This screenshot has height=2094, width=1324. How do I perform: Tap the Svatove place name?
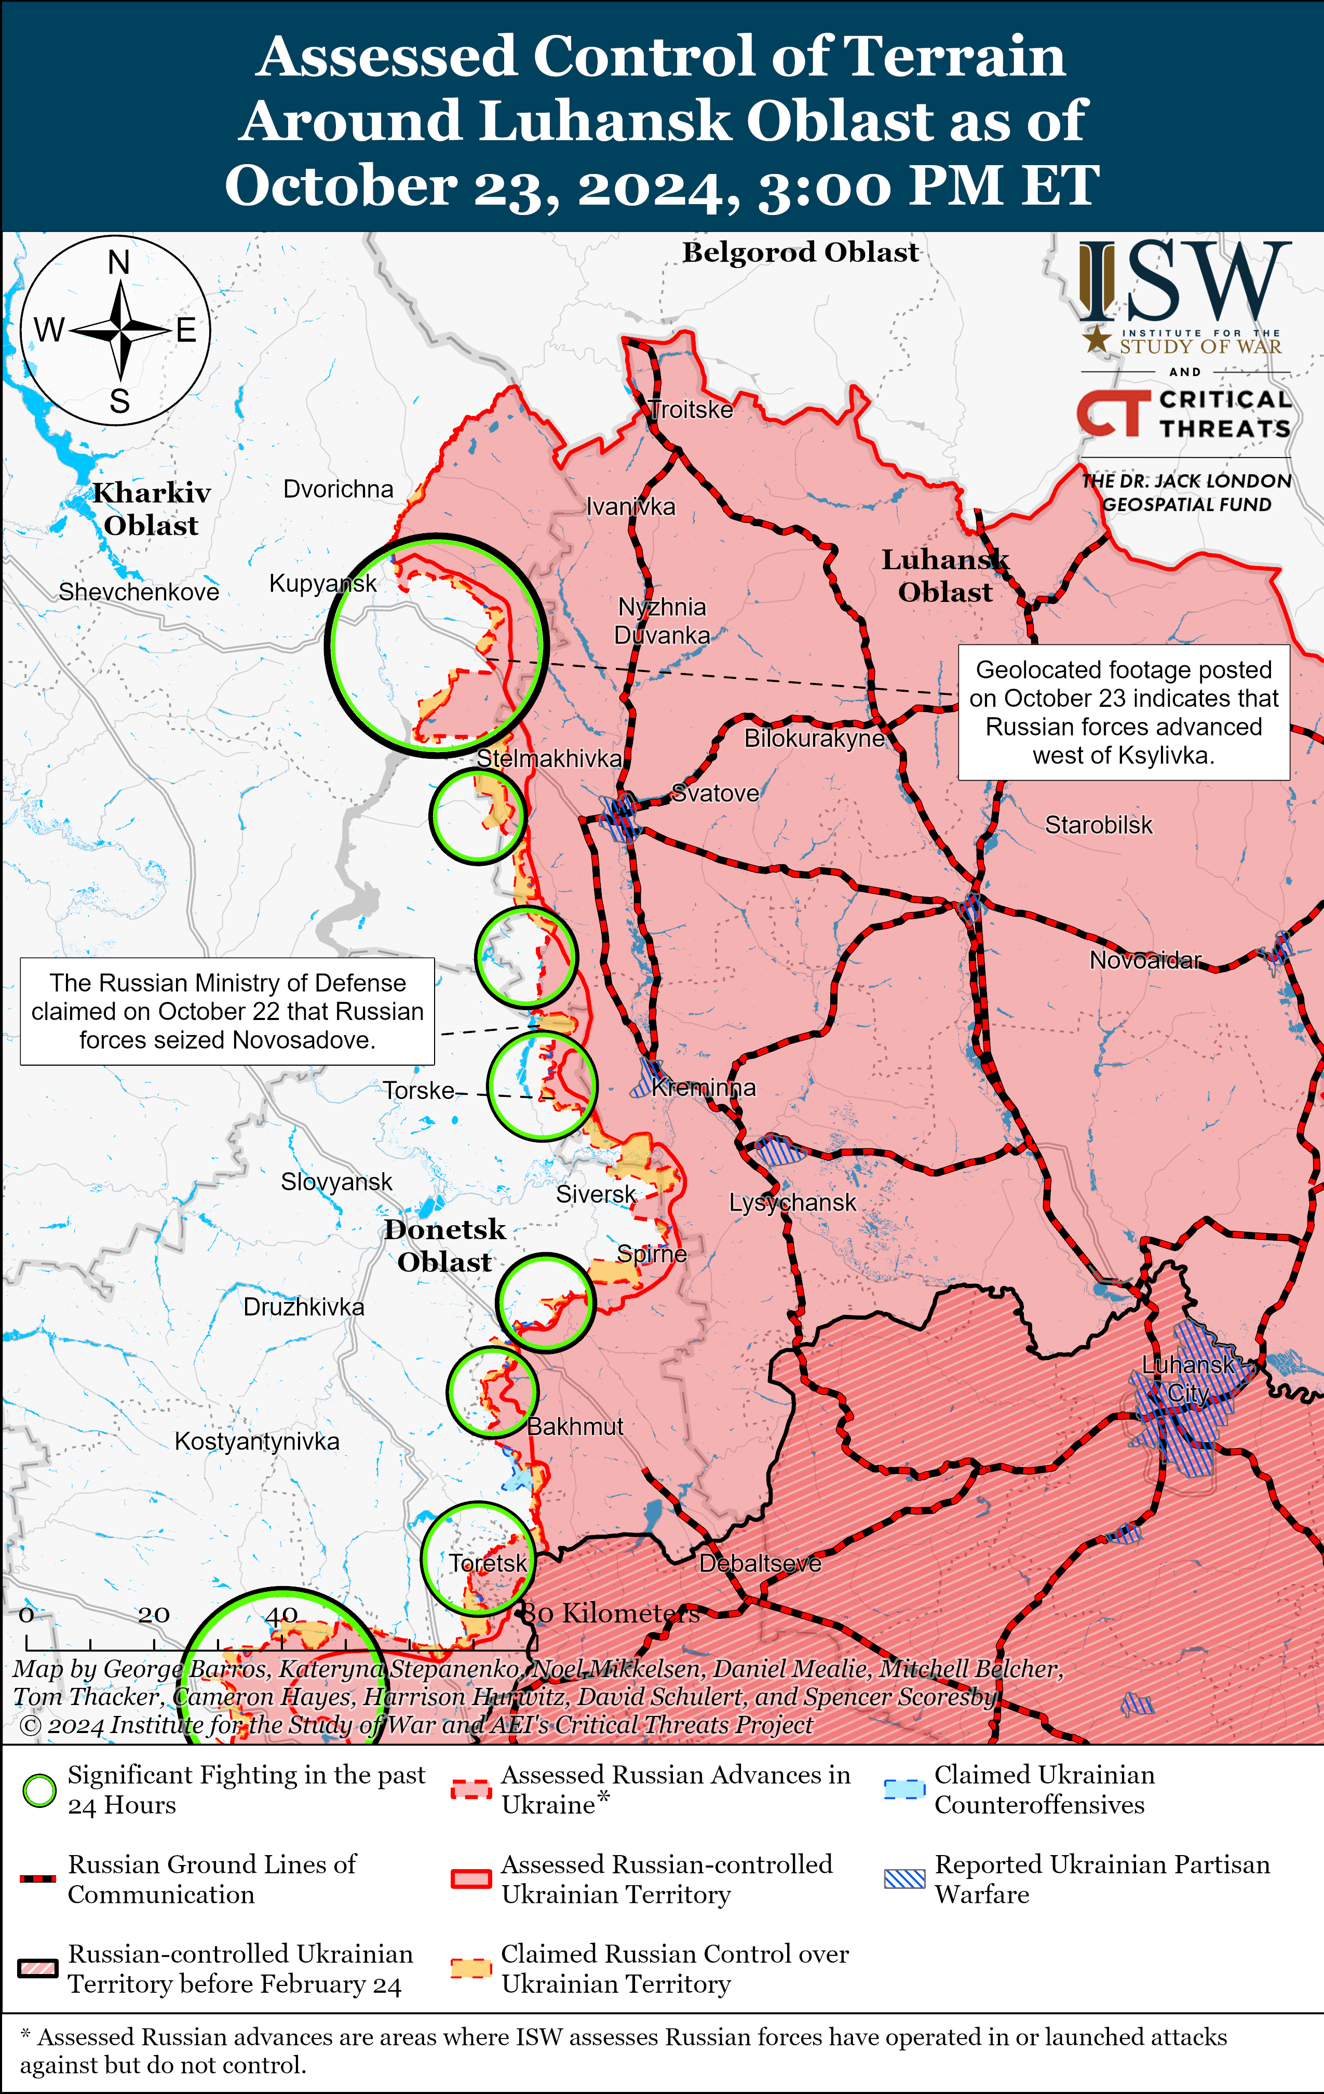coord(715,793)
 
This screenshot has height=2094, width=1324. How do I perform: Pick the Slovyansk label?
coord(336,1182)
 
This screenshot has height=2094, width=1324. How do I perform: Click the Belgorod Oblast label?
coord(800,252)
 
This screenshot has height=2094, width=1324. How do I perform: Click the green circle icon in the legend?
coord(39,1791)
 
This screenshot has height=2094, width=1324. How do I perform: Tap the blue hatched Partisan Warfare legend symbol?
coord(904,1878)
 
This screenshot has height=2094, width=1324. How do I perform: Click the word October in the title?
coord(341,185)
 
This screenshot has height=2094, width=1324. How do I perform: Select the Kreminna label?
coord(704,1088)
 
